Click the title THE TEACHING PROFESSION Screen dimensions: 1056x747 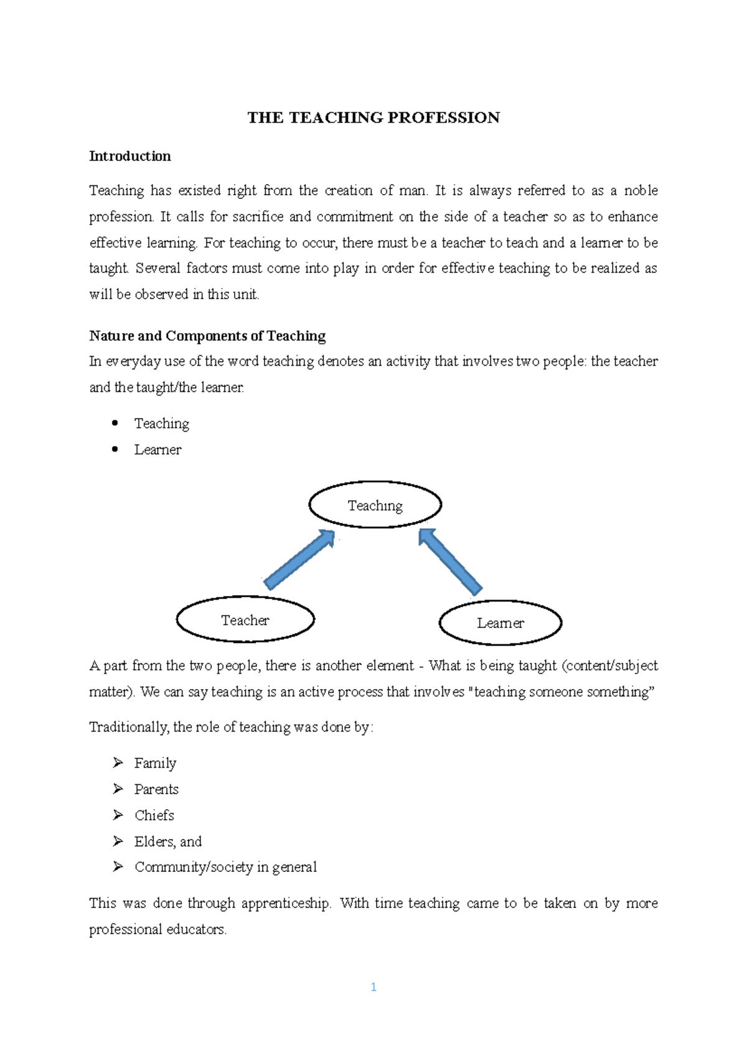click(374, 118)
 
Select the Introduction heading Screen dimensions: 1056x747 click(129, 156)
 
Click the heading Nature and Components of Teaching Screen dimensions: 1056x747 click(207, 336)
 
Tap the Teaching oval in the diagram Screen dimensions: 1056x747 click(375, 505)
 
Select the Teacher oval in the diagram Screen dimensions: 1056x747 click(245, 620)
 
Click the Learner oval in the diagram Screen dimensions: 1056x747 click(500, 623)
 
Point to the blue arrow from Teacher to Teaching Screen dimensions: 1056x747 click(299, 559)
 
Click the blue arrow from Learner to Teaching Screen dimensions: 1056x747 click(450, 562)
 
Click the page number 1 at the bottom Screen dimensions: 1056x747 click(374, 987)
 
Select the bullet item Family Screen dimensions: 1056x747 click(155, 763)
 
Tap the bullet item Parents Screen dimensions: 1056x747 click(156, 789)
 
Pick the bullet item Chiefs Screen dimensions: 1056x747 click(154, 815)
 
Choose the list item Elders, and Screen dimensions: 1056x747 click(168, 841)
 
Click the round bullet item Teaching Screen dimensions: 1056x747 click(162, 424)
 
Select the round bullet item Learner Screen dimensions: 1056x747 click(157, 450)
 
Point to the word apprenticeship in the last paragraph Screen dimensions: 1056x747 click(286, 903)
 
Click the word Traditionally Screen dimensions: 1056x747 click(129, 727)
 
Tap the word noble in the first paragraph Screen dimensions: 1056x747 click(641, 190)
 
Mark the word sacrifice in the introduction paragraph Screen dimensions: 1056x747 click(258, 216)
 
